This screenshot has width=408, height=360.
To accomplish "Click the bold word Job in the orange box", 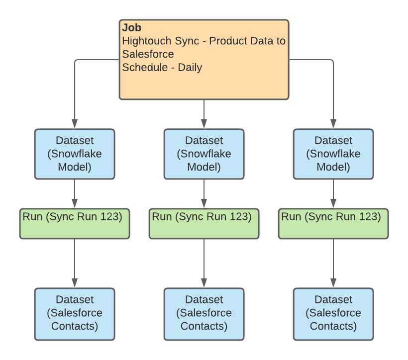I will pos(131,28).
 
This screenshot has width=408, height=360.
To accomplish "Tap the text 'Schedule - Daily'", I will pos(162,67).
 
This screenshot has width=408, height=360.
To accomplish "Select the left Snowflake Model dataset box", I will pos(75,154).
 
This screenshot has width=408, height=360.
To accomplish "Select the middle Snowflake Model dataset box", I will pos(204,154).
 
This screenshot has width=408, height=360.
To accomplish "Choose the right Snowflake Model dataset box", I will pos(333,154).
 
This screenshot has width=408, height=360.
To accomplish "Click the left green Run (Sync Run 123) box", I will pos(75,224).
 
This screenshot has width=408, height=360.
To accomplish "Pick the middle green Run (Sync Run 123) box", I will pos(204,224).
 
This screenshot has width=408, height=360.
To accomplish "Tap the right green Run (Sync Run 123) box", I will pos(333,224).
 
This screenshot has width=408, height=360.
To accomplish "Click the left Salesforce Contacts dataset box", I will pos(75,313).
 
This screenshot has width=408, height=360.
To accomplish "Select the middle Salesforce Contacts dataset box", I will pos(204,313).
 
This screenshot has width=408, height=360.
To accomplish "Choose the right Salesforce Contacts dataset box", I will pos(333,313).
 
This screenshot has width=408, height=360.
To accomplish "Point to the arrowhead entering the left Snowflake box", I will pos(75,123).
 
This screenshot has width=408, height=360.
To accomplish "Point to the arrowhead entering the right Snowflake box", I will pos(333,123).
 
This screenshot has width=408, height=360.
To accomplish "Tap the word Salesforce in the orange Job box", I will pos(148,54).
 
